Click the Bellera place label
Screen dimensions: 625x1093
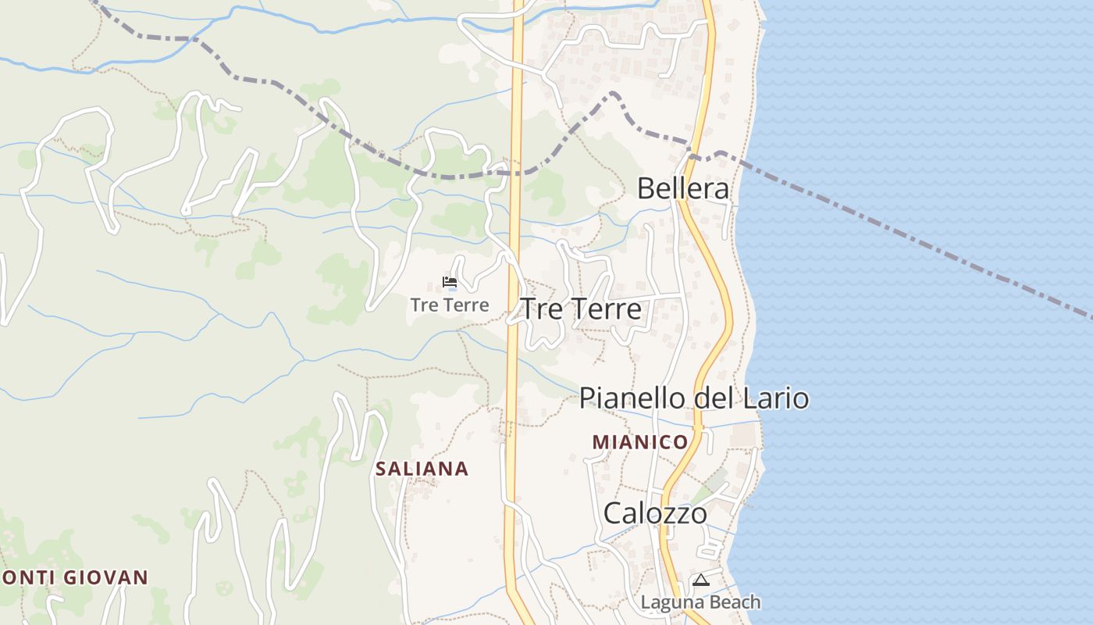(x=683, y=188)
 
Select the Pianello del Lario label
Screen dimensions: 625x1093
(x=693, y=398)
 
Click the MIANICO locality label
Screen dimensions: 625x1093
(x=640, y=442)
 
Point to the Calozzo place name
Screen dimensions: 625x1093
(x=656, y=513)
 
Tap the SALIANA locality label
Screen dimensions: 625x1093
(x=422, y=469)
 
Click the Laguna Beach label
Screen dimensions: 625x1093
(x=700, y=602)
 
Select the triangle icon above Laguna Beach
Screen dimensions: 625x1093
(x=700, y=580)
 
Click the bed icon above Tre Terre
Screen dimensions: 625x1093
(x=450, y=282)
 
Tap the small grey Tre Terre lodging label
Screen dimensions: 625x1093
(x=450, y=305)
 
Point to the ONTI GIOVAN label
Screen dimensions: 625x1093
(x=74, y=578)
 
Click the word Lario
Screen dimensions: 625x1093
(x=776, y=398)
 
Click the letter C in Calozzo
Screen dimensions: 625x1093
(x=614, y=513)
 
